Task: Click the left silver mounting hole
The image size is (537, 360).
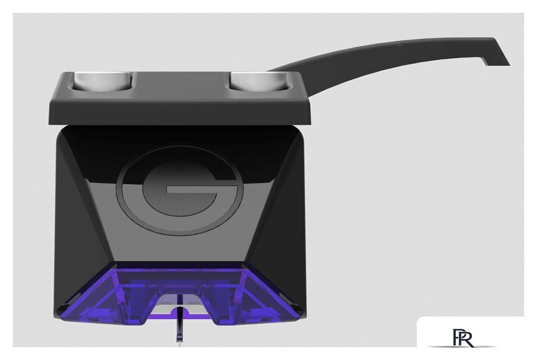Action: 103,81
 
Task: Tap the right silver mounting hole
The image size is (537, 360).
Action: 259,81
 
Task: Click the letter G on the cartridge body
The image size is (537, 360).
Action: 180,191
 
